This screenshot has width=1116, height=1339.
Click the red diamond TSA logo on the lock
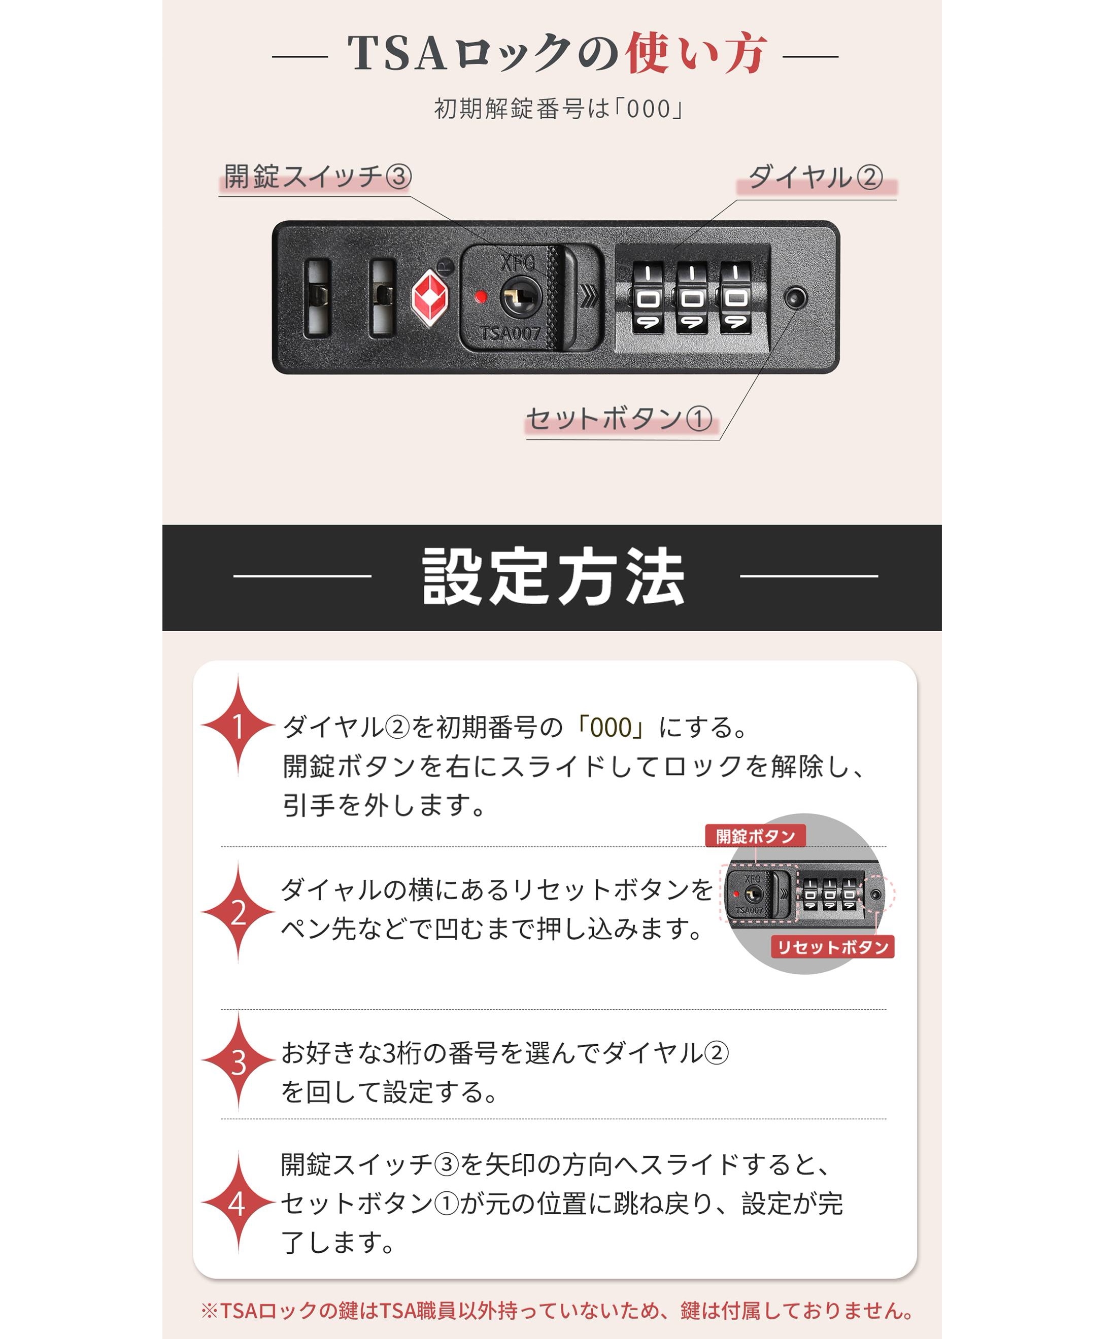coord(430,297)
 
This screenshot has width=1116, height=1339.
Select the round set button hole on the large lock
coord(795,297)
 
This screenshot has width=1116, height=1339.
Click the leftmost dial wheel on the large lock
coord(648,298)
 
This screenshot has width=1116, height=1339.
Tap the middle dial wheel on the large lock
coord(692,298)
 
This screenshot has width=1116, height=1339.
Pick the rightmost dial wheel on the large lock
coord(735,298)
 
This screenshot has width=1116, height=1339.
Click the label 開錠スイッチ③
coord(317,177)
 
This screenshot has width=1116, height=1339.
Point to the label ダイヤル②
coord(816,177)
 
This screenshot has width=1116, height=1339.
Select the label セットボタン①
coord(619,419)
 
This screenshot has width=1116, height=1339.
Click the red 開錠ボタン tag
coord(755,836)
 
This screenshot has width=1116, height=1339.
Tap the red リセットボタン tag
coord(833,947)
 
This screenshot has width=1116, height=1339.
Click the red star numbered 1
coord(239,725)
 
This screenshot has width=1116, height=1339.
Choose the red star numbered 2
coord(239,912)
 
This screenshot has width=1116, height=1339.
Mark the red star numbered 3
coord(239,1061)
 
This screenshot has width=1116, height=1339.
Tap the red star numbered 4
coord(239,1203)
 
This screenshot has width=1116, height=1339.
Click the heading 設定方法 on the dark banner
coord(554,576)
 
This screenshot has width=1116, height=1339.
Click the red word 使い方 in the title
coord(696,53)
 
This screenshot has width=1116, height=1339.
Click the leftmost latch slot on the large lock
coord(318,297)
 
